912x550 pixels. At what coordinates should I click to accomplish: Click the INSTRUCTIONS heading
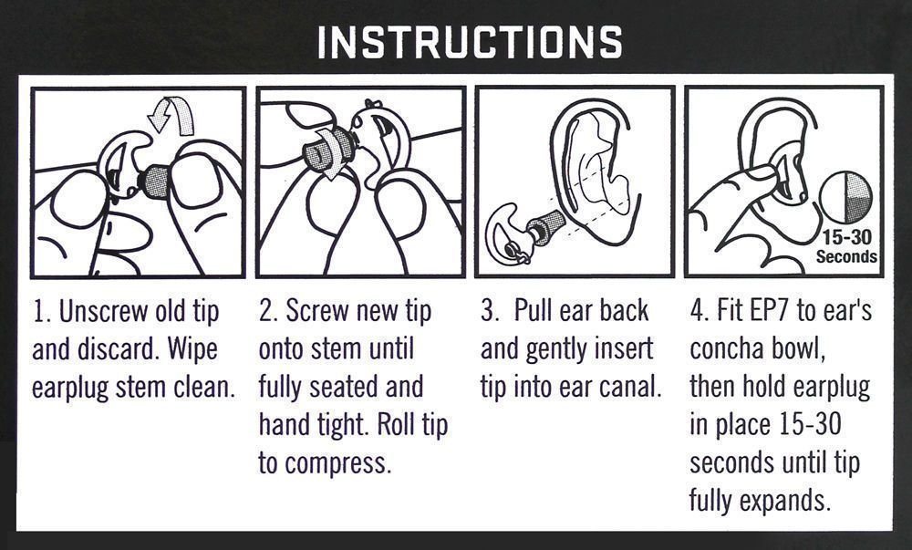470,42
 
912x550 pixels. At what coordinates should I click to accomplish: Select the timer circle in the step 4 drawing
845,196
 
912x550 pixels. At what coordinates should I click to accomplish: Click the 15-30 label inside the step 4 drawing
847,237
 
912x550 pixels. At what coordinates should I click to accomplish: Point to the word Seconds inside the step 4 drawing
846,256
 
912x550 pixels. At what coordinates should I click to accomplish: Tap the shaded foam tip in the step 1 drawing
156,182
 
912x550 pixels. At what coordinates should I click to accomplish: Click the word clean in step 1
204,388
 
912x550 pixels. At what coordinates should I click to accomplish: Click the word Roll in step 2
396,425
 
